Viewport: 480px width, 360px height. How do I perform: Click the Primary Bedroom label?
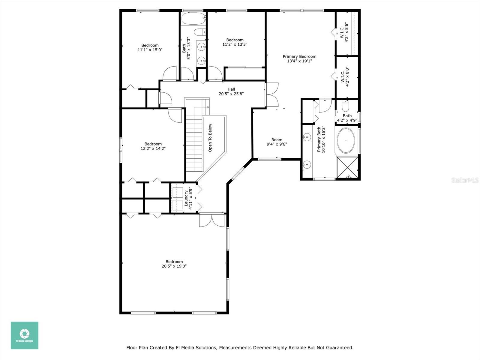point(299,58)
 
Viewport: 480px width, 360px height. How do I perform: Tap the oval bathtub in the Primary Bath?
point(346,140)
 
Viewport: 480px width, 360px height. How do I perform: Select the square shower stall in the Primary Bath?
point(347,167)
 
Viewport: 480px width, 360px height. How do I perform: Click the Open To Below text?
point(210,138)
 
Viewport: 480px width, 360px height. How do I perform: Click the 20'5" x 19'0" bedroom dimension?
point(174,266)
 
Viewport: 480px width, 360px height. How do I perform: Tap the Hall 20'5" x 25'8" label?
point(231,91)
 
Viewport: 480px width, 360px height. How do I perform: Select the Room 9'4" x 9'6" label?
point(277,142)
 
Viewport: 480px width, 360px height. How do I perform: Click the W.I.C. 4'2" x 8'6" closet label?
point(344,32)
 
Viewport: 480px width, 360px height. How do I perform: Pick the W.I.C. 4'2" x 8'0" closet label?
point(345,77)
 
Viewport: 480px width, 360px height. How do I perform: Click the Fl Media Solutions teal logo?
point(25,335)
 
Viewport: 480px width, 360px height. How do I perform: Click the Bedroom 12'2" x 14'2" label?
point(153,146)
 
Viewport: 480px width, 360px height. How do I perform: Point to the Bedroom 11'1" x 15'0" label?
point(150,48)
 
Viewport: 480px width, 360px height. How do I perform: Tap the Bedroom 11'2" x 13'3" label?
point(235,42)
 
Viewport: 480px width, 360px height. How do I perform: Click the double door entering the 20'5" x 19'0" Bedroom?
point(211,220)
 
